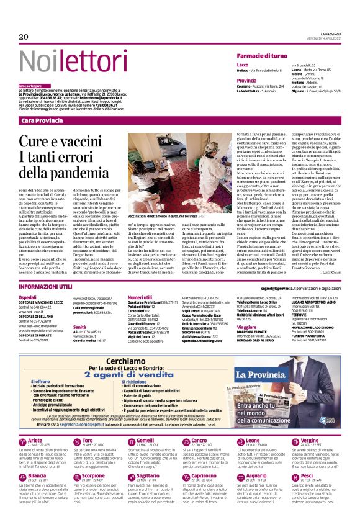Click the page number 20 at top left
(24, 37)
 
